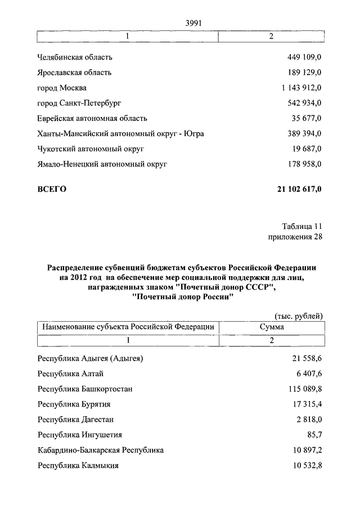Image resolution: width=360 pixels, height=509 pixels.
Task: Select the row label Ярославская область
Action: [x=74, y=73]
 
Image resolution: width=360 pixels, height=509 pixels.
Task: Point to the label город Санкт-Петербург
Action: [x=79, y=103]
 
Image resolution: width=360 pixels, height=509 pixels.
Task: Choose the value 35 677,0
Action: [x=307, y=118]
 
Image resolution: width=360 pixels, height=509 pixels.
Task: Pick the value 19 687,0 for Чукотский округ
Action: [x=307, y=149]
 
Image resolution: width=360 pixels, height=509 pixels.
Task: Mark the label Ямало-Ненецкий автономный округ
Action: [x=102, y=164]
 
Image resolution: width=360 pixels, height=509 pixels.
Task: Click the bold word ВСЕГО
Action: [x=52, y=189]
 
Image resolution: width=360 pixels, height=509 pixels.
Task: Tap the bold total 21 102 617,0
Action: [x=299, y=189]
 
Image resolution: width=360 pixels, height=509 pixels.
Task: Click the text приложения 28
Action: [x=295, y=237]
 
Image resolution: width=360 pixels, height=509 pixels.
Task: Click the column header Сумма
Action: [x=272, y=326]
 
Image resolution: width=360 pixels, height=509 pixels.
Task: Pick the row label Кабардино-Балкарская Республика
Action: [x=101, y=451]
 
